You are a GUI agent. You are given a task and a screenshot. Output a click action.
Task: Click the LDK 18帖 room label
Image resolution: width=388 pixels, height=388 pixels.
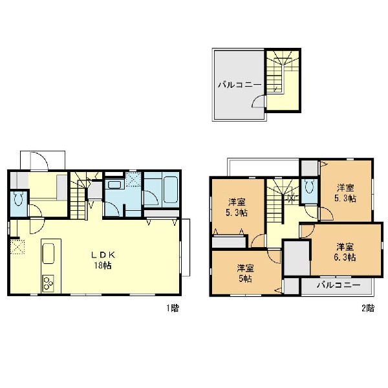click(x=103, y=260)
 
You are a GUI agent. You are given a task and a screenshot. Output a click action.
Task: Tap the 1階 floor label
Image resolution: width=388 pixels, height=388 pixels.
click(x=172, y=308)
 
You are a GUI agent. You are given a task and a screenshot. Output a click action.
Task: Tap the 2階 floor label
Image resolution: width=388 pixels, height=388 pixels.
click(x=368, y=308)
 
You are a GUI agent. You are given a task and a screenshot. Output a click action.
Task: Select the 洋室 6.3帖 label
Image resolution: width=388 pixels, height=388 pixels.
click(x=345, y=252)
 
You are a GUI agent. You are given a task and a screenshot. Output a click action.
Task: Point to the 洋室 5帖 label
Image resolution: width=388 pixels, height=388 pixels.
click(x=245, y=274)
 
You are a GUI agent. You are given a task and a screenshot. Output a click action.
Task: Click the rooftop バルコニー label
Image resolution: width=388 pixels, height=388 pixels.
click(x=239, y=85)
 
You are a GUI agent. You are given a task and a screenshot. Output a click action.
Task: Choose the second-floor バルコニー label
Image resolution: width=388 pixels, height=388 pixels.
click(x=338, y=285)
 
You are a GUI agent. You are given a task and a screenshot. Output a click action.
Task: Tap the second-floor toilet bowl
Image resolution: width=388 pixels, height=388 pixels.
click(x=309, y=186)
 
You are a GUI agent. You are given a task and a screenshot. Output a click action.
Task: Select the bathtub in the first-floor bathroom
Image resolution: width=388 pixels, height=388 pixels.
click(x=171, y=189)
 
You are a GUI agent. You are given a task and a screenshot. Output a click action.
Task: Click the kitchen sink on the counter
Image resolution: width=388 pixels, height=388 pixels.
click(x=48, y=253)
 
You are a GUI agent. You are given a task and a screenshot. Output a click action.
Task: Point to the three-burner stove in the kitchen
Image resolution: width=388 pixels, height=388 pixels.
click(x=48, y=284)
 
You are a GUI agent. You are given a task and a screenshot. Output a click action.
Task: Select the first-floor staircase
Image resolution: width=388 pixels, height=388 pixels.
click(x=79, y=196)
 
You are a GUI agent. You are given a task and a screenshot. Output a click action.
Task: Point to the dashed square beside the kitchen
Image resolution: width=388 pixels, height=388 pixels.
click(x=17, y=246)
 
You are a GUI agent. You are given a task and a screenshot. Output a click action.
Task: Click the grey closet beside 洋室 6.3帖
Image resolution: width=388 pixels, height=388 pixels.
click(x=296, y=258)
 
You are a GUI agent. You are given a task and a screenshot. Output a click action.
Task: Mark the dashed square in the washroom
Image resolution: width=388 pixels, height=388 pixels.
click(x=133, y=179)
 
